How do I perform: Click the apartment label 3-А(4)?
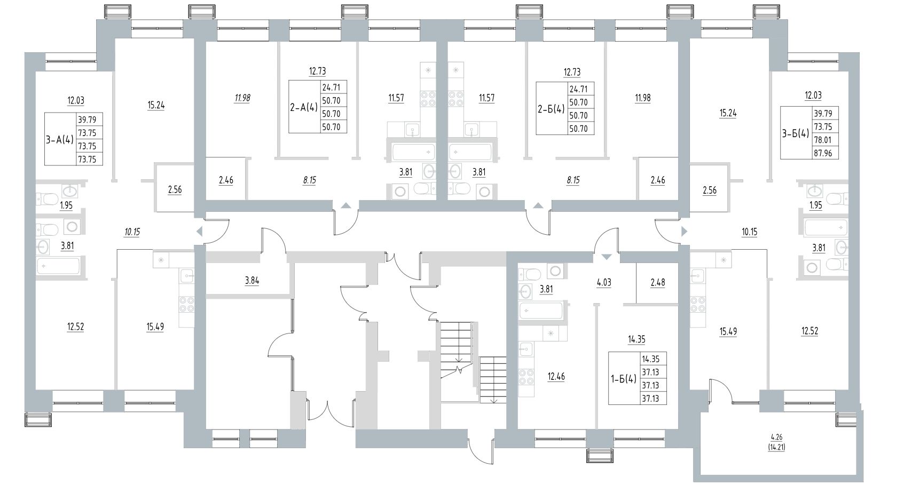click(x=59, y=139)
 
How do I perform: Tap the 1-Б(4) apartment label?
click(x=623, y=379)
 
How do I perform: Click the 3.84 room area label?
click(x=251, y=281)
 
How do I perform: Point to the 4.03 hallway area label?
click(x=603, y=282)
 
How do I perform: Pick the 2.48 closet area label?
click(x=657, y=282)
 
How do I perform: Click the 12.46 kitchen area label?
click(x=556, y=377)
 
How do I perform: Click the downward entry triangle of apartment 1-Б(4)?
click(x=606, y=257)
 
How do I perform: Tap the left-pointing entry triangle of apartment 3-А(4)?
click(x=199, y=231)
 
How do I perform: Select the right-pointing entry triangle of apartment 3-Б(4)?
click(x=685, y=231)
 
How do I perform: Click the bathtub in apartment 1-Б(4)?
click(x=541, y=312)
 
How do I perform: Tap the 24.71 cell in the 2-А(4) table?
click(x=333, y=87)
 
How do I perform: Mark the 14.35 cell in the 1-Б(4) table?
click(x=653, y=360)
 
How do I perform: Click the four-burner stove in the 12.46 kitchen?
click(x=526, y=377)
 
